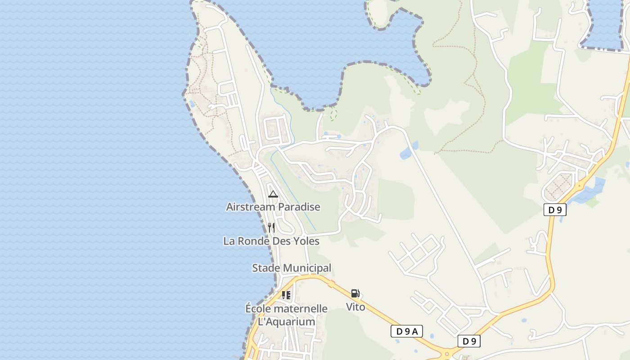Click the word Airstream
tap(250, 207)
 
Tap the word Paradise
tap(299, 207)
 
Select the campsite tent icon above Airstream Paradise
tap(273, 194)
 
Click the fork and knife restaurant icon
tap(271, 228)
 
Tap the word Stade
tap(266, 268)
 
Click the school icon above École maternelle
tap(286, 295)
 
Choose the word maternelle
tap(300, 309)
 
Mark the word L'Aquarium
tap(286, 322)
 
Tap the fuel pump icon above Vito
tap(355, 294)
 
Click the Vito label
tap(355, 307)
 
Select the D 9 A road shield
tap(407, 332)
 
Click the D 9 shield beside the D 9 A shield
tap(469, 341)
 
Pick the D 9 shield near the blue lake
tap(555, 210)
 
